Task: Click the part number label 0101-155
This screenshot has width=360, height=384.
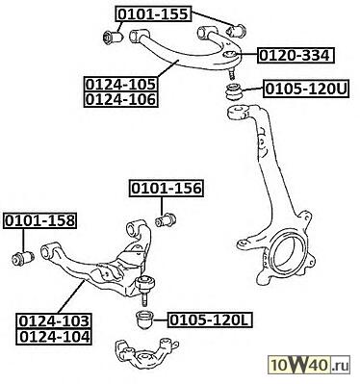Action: click(153, 14)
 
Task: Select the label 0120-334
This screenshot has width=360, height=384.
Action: click(295, 56)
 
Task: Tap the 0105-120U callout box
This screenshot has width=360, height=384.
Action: click(306, 89)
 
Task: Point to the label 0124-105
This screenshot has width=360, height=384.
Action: click(121, 85)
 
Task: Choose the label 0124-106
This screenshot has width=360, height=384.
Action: click(121, 99)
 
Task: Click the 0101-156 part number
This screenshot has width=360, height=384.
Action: click(167, 189)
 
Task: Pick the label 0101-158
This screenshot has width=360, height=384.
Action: click(40, 220)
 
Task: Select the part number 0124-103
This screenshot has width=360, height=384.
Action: click(54, 320)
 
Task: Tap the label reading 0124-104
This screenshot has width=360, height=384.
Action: click(54, 337)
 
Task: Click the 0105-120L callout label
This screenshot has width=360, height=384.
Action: click(210, 320)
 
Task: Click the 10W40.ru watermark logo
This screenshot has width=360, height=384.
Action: click(309, 365)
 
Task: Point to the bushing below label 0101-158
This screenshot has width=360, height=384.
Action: click(23, 258)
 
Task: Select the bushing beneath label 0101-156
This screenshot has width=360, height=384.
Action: click(166, 220)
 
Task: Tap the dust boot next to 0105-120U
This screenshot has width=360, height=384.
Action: click(234, 92)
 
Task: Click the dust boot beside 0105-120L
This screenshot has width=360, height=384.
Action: click(144, 320)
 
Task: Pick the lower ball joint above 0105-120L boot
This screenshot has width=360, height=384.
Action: click(145, 287)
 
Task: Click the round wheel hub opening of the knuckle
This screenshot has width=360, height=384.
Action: click(289, 253)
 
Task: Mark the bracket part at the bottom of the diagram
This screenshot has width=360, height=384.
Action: click(147, 353)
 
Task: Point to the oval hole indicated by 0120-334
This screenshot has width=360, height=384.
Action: click(230, 55)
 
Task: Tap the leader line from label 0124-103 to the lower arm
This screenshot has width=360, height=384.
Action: click(71, 296)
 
